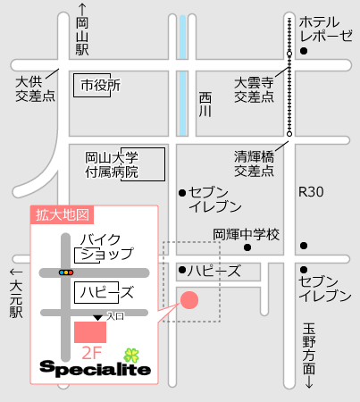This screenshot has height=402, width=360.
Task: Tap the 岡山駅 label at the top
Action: tap(82, 35)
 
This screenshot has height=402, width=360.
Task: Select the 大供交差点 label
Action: tap(36, 88)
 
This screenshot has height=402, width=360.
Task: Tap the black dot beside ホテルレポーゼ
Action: tap(304, 52)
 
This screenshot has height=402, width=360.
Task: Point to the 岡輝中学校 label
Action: tap(247, 234)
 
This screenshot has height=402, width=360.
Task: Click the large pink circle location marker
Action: tap(189, 300)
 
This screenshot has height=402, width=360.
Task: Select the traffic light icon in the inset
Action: tap(66, 271)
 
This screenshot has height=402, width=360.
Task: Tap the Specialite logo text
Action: tap(95, 369)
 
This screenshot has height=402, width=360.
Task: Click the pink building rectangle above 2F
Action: tap(89, 331)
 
